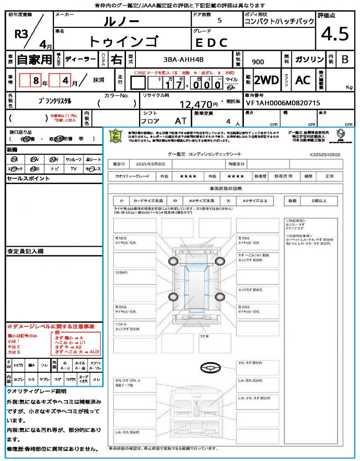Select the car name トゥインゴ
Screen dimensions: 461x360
click(x=123, y=41)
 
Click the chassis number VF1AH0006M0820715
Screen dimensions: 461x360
click(x=283, y=103)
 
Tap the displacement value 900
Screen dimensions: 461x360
click(x=258, y=62)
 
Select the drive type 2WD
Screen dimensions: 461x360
click(x=266, y=80)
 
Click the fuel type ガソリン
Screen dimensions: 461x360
click(x=309, y=59)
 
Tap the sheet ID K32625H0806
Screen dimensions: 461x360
click(x=325, y=154)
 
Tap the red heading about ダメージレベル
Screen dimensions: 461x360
click(x=50, y=326)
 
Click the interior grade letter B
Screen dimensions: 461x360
click(x=345, y=59)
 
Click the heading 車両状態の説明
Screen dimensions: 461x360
click(x=225, y=188)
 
